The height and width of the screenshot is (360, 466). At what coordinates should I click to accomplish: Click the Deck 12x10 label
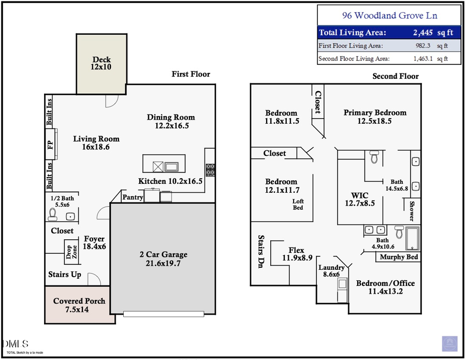pos(102,63)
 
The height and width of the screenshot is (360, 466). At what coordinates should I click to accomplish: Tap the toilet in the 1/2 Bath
pos(52,213)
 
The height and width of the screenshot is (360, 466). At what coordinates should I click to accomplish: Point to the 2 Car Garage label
pos(163,259)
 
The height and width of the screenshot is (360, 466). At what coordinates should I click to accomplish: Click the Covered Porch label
pos(79,305)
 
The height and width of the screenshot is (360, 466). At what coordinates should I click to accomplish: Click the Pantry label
pos(133,197)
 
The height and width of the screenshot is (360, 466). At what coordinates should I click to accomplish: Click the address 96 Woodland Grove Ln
pos(389,16)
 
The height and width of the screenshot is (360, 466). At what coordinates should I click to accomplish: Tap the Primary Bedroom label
pos(375,117)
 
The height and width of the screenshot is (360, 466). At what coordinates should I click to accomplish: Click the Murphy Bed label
pos(399,257)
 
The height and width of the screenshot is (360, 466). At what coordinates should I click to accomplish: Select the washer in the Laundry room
pos(342,284)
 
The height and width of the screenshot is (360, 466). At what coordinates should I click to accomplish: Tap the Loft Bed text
pos(298,204)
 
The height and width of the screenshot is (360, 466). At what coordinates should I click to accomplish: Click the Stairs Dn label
pos(262,252)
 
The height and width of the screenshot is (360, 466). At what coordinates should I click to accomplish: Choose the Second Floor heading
pos(396,76)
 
